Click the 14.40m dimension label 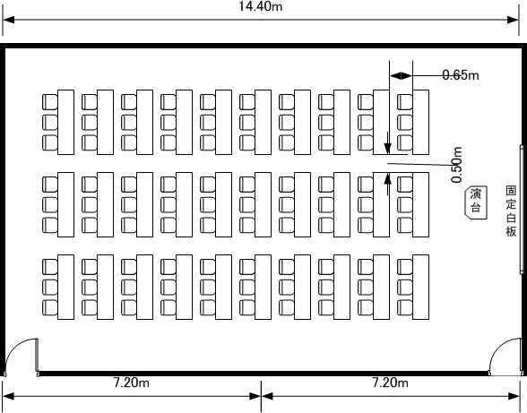tap(261, 6)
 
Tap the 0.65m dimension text tap(461, 75)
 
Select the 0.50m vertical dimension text tap(456, 165)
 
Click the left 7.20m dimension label tap(132, 383)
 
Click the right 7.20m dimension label tap(390, 383)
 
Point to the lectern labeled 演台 tap(476, 203)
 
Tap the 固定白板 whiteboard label tap(511, 211)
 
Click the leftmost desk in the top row tap(66, 123)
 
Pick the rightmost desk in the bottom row tap(421, 287)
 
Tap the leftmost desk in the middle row tap(66, 204)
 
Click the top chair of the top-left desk tap(50, 102)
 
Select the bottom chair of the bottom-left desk tap(50, 307)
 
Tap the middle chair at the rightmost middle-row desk tap(405, 204)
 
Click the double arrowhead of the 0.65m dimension tap(401, 75)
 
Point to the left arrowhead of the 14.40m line tap(8, 20)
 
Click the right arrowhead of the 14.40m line tap(514, 20)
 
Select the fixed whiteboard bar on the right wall tap(522, 209)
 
